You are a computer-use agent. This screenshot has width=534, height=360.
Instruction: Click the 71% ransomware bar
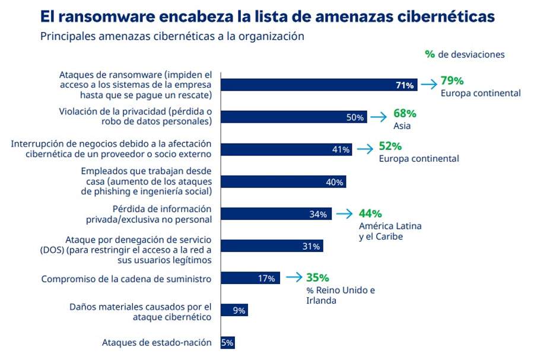(319, 85)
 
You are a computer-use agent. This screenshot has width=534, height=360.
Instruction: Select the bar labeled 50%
(294, 117)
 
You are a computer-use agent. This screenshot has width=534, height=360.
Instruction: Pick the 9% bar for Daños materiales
(234, 310)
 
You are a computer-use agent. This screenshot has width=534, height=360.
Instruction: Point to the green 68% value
(405, 113)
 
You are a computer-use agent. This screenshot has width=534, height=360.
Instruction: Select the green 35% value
(317, 277)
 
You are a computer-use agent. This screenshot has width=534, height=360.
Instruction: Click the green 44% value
(370, 214)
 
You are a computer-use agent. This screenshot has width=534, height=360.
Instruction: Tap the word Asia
(402, 126)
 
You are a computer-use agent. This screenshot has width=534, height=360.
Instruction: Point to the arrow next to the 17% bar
(293, 278)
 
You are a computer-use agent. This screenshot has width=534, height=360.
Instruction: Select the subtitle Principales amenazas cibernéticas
(172, 36)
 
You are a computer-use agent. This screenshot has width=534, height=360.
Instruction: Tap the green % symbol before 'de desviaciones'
(430, 54)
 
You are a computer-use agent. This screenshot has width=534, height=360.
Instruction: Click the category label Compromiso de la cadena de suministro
(126, 278)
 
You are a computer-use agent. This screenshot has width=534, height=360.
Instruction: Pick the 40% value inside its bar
(335, 182)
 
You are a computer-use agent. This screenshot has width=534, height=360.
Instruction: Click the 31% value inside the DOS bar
(311, 246)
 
